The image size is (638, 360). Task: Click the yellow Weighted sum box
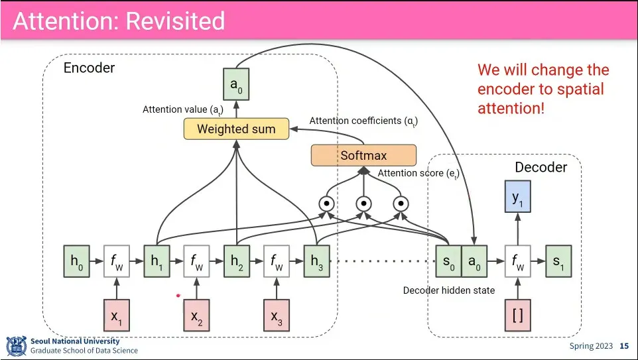[x=236, y=129]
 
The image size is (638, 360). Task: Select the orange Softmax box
[x=363, y=156]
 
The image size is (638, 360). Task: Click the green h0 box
[x=76, y=261]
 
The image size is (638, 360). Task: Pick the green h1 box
[x=157, y=261]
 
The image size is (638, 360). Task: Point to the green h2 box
[x=237, y=261]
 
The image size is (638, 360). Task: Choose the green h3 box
[x=317, y=261]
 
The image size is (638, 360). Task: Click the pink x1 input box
[x=117, y=315]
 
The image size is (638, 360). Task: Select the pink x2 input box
[x=197, y=315]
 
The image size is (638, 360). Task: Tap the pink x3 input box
[x=277, y=315]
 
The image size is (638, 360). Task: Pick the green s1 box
[x=558, y=261]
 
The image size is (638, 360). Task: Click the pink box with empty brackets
[x=518, y=315]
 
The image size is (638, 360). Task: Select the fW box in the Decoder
[x=518, y=261]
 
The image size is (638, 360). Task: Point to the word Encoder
[x=89, y=68]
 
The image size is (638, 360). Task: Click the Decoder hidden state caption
[x=448, y=290]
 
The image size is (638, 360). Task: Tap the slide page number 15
[x=624, y=346]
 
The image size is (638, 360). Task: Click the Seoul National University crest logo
[x=16, y=346]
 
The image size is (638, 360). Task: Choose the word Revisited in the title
[x=175, y=21]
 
